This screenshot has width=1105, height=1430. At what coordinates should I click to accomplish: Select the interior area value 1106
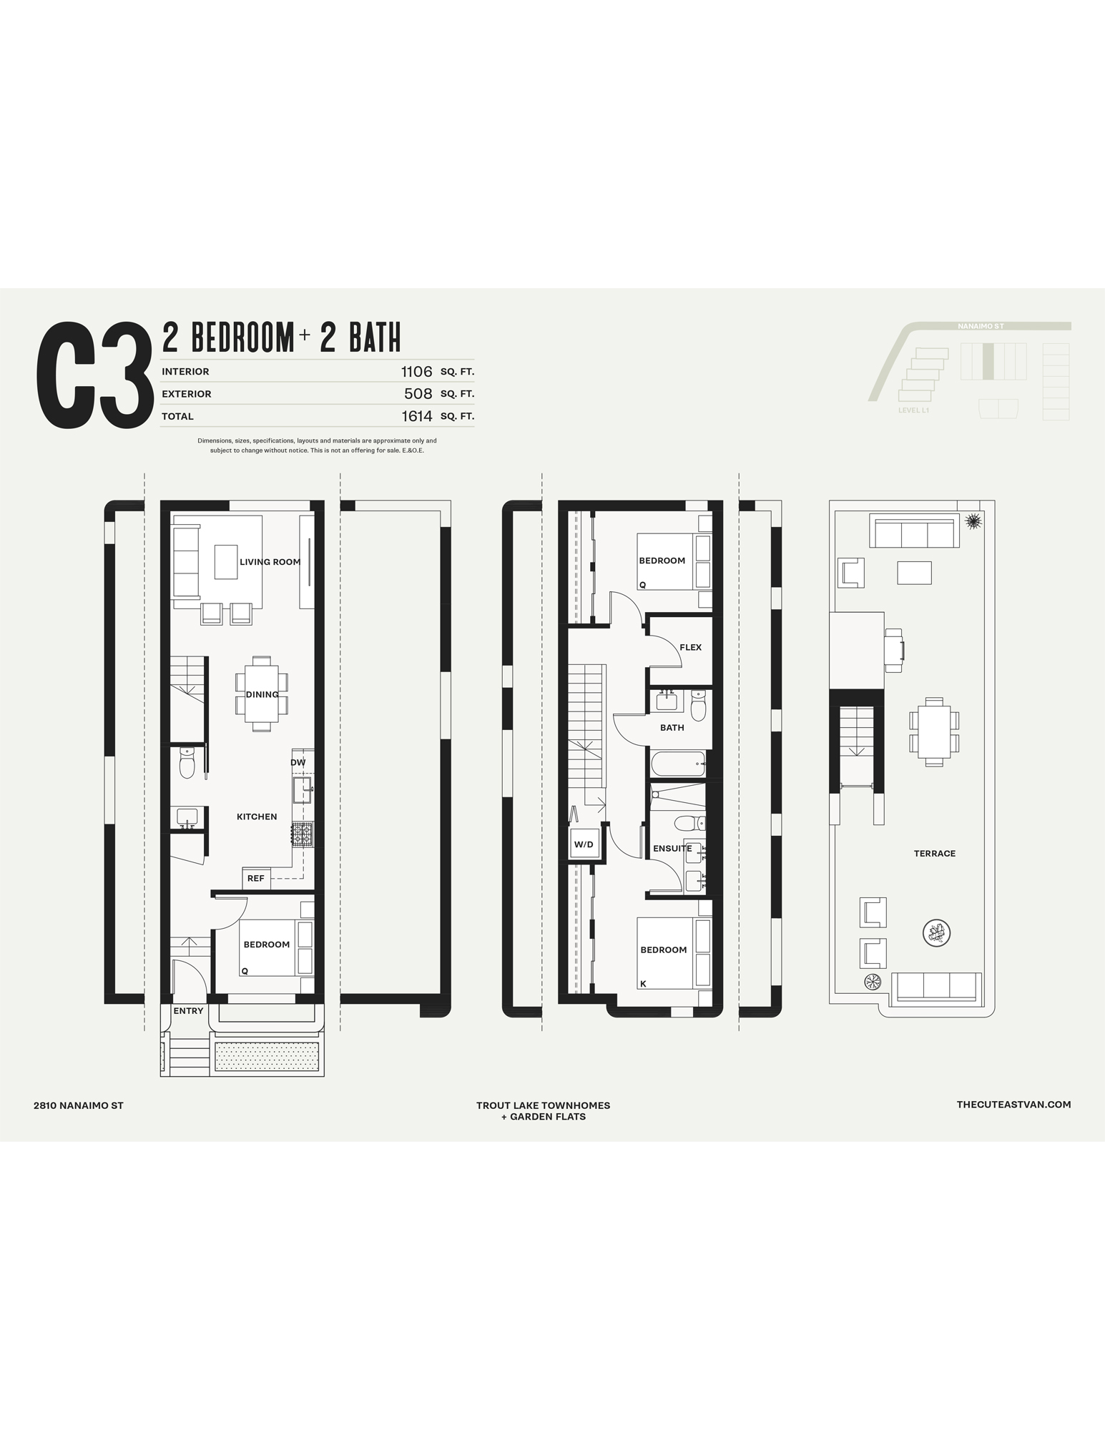click(417, 371)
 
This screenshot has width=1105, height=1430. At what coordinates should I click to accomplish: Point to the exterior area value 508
click(418, 393)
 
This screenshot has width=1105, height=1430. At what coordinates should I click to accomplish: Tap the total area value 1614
click(417, 415)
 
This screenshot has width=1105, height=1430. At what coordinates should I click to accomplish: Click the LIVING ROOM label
click(270, 562)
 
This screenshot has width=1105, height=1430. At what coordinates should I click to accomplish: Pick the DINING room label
click(262, 694)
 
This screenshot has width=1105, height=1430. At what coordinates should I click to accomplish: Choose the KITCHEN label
click(257, 817)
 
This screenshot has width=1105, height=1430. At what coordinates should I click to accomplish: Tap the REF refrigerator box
click(256, 878)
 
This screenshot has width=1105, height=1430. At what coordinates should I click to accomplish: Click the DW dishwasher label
click(298, 762)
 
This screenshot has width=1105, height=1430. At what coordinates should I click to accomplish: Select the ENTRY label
click(188, 1011)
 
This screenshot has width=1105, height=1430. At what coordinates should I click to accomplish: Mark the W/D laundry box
click(584, 844)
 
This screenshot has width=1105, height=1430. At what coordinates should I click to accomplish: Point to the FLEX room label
click(691, 647)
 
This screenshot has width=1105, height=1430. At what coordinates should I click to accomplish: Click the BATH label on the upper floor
click(672, 727)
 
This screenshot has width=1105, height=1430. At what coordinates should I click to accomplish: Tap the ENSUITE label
click(672, 849)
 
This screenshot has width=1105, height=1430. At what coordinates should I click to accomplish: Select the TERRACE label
click(935, 853)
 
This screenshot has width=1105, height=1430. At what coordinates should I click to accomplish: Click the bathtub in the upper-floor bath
click(678, 764)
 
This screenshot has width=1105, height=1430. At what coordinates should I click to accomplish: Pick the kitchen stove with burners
click(302, 834)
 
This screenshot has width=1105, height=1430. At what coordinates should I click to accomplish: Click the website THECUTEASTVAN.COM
click(1014, 1105)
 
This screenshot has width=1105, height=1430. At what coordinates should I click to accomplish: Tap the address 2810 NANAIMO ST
click(79, 1105)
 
